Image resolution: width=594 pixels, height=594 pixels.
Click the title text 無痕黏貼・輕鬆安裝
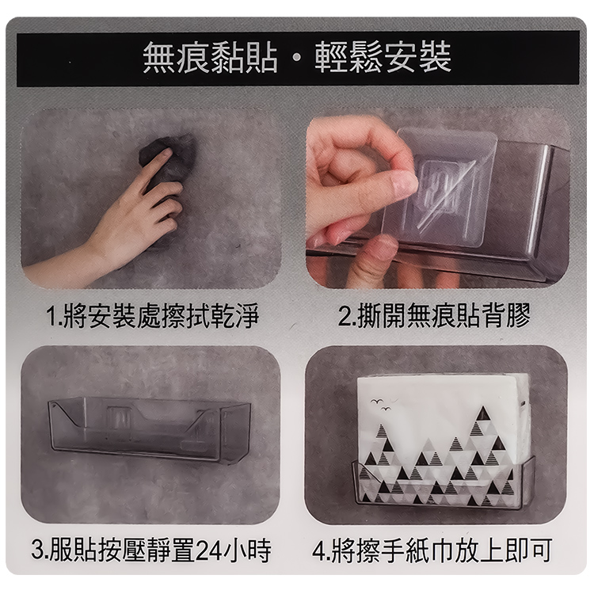point(297,59)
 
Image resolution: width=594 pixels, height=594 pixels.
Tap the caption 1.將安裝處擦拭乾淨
point(150,317)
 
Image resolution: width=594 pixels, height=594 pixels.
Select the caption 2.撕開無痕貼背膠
point(434,317)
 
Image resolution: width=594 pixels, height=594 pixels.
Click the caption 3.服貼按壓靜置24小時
point(150,549)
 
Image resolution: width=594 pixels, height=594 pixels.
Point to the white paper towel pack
point(444,420)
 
